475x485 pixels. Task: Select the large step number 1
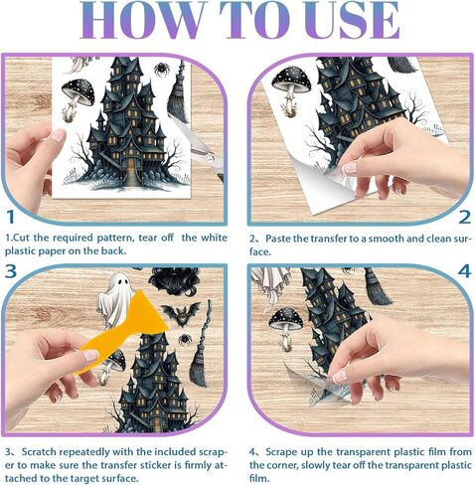point(11,217)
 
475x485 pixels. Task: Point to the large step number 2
point(465,218)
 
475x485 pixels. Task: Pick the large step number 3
point(11,270)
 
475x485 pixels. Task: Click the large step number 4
point(464,271)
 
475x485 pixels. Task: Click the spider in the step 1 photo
point(162,69)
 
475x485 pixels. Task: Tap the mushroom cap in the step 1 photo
point(79,91)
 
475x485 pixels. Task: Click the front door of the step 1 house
point(131,166)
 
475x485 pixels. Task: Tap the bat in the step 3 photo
point(182,315)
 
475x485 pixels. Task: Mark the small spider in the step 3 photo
point(185,340)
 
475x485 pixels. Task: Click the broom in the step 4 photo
point(378,288)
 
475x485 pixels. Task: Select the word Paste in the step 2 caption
point(278,239)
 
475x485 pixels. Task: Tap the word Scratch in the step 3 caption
point(40,452)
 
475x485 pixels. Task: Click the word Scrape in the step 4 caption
point(281,452)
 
